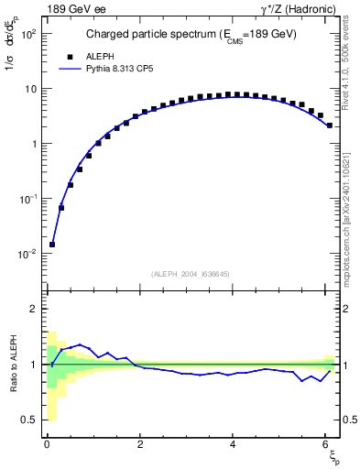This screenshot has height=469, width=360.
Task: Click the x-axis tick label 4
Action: click(234, 445)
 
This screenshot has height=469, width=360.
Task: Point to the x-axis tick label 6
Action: click(326, 445)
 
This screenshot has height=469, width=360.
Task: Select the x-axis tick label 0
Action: click(47, 445)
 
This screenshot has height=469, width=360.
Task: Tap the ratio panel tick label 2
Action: click(32, 309)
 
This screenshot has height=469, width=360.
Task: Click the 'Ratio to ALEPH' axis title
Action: click(13, 365)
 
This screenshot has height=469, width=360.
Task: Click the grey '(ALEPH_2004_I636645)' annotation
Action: click(191, 273)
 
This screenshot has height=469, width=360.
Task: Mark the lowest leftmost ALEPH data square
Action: click(52, 245)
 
